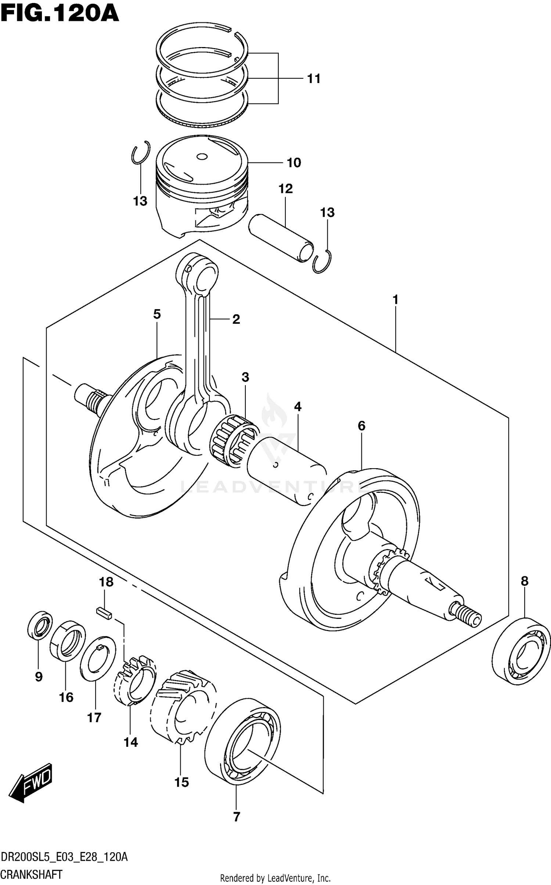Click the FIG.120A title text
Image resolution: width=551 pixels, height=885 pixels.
(x=60, y=14)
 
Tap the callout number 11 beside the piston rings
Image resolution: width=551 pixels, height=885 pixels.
(x=314, y=79)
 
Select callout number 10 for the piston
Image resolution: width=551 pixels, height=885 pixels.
(x=293, y=162)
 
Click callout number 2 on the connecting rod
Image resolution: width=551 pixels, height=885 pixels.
(x=236, y=319)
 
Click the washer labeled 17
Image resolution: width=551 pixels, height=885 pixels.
(x=98, y=658)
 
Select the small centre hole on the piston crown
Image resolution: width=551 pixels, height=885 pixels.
(x=202, y=157)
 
